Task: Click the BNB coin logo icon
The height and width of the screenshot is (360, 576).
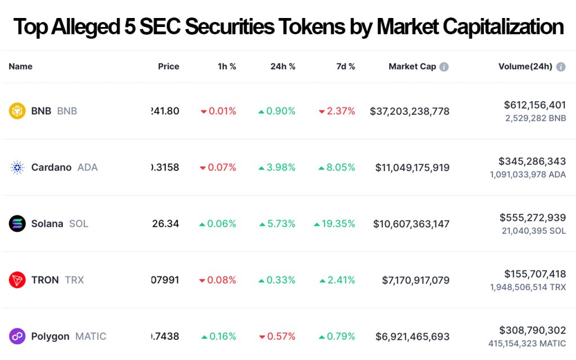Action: pos(17,111)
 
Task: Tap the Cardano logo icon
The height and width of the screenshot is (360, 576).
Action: pos(17,167)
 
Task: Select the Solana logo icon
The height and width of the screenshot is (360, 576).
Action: pos(17,223)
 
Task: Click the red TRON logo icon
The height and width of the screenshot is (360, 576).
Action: pos(17,280)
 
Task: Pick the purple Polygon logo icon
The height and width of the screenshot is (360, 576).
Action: pos(17,336)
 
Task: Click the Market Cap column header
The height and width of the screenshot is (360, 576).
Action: pos(412,66)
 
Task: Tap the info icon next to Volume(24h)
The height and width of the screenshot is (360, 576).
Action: pos(561,67)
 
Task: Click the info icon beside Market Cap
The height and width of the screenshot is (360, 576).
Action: pos(444,67)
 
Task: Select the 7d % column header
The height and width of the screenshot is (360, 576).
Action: pos(345,66)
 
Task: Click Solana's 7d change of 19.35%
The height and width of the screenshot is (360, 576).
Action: pos(335,223)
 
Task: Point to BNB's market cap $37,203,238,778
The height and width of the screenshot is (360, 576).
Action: pos(409,111)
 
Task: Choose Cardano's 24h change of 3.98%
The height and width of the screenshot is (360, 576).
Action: pos(277,167)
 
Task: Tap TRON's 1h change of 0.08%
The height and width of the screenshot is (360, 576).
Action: pos(218,280)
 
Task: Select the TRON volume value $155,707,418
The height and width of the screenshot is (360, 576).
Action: pos(535,273)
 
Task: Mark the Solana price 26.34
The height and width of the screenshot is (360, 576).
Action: pos(165,223)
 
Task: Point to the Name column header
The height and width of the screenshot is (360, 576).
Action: pos(20,66)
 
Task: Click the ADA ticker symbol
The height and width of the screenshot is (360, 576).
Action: pos(87,167)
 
